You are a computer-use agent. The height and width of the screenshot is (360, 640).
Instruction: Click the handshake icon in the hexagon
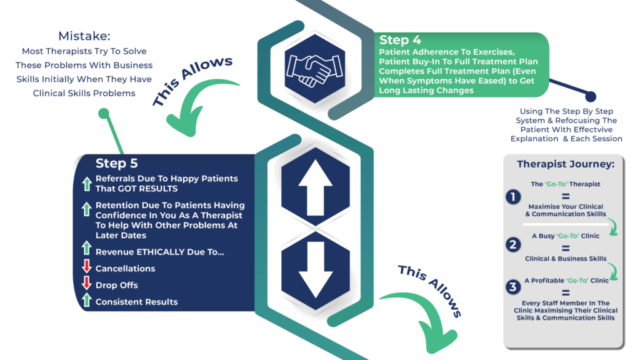point(315,69)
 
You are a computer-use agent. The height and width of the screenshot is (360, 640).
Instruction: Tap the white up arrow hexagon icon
point(315,187)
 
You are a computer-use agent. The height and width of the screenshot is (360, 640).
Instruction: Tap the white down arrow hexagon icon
point(315,270)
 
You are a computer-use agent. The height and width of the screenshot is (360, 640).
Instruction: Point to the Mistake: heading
point(84,36)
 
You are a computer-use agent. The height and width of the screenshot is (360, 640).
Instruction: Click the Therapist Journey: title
point(566,164)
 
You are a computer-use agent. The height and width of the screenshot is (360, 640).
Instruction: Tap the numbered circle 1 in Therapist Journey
point(513,197)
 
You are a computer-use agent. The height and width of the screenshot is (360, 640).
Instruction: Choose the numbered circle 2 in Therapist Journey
point(513,245)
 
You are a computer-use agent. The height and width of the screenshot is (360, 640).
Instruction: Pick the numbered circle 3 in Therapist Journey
point(513,287)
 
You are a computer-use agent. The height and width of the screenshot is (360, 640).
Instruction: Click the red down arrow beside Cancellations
point(86,266)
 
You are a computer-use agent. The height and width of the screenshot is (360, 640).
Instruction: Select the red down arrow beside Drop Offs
point(86,283)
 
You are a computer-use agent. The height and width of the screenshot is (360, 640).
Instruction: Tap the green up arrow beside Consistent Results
point(86,300)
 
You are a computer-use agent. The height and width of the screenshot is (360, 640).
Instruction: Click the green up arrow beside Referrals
point(86,184)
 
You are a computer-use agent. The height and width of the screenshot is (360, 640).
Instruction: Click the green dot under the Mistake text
point(104,113)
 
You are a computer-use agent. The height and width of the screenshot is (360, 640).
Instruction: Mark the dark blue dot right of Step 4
point(591,97)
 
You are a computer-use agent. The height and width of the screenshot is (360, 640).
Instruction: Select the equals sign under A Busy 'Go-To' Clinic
point(565,248)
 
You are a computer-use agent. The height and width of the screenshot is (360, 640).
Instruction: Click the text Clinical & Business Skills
point(566,258)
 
